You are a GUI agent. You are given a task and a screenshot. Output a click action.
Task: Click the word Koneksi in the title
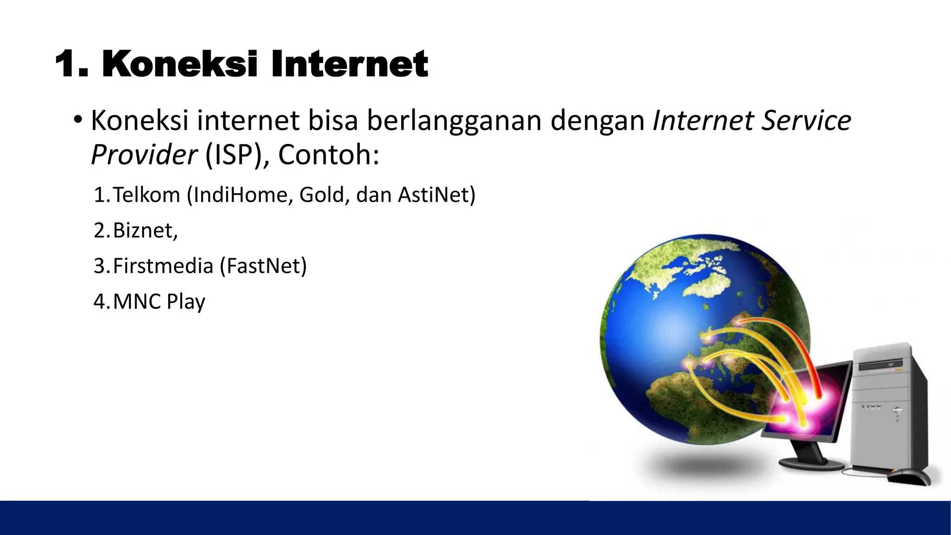coord(179,64)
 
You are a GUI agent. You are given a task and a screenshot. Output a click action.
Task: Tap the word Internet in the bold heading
coord(349,64)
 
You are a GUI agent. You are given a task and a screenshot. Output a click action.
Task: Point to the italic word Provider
coord(143,155)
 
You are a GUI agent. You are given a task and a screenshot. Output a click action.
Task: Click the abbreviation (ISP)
coord(234,155)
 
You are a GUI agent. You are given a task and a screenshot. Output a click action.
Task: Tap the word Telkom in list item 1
coord(146,195)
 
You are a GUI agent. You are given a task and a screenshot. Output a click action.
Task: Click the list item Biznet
coord(144,230)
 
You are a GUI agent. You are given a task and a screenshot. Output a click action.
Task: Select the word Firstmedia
coord(163,266)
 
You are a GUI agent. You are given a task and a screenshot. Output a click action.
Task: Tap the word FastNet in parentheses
coord(263,266)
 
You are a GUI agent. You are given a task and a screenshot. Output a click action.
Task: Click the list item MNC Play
coord(159,302)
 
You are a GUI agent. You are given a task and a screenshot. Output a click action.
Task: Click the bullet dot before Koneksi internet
coord(78,120)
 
